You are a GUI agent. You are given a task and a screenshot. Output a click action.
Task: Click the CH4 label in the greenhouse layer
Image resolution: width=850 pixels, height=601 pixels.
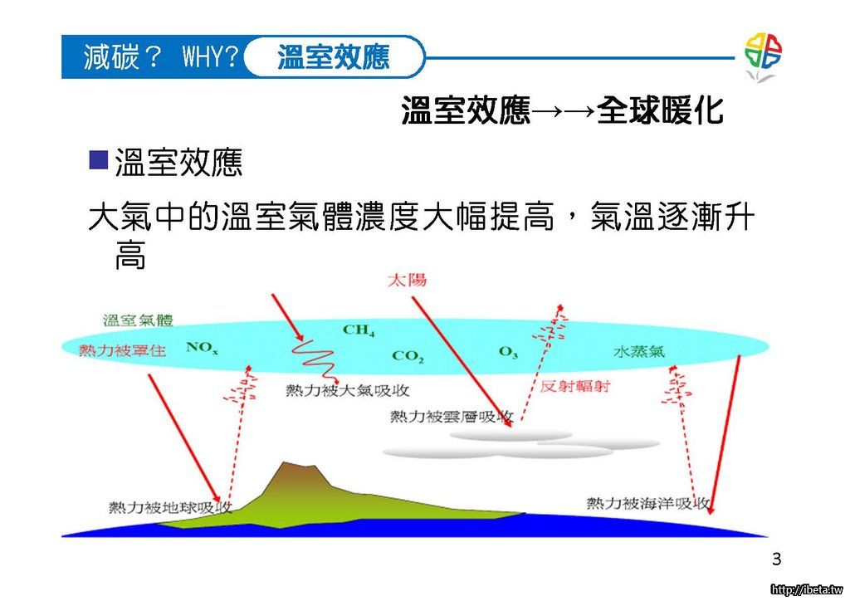(x=359, y=330)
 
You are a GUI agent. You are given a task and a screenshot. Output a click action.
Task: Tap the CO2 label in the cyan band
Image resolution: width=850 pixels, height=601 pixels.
(x=407, y=356)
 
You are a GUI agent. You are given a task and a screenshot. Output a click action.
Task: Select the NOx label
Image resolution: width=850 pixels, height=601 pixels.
(x=202, y=347)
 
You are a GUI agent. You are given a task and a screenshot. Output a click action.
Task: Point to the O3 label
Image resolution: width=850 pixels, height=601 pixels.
(x=508, y=352)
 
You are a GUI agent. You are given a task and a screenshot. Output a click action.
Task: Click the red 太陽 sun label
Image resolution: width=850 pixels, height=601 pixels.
(x=407, y=280)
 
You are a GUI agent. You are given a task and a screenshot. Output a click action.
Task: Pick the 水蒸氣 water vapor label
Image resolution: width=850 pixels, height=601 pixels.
(x=639, y=351)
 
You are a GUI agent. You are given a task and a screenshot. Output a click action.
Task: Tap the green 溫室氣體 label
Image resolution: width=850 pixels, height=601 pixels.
(x=139, y=320)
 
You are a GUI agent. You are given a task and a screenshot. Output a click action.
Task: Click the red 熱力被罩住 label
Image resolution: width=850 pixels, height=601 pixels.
(x=123, y=350)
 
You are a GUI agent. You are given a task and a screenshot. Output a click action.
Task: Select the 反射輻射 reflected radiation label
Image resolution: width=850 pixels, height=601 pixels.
(x=575, y=386)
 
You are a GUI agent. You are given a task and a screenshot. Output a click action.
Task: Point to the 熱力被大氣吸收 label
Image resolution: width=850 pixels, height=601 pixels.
(x=348, y=389)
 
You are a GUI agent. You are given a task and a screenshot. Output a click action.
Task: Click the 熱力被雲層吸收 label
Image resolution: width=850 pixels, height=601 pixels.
(x=452, y=416)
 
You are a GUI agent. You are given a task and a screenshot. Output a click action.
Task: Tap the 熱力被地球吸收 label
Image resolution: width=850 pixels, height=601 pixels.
(x=170, y=507)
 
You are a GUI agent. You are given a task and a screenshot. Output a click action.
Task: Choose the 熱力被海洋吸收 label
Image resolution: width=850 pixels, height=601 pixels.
(x=648, y=503)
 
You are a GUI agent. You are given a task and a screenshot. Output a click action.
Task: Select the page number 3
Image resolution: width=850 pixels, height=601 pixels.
(x=777, y=559)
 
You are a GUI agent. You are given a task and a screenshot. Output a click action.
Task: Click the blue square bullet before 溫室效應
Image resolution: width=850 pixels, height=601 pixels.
(x=98, y=160)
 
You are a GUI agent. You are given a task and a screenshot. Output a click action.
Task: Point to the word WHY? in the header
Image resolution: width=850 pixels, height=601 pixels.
(x=210, y=56)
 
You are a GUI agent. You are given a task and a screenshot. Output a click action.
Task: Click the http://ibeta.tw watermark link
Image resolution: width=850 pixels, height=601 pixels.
(x=807, y=590)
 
